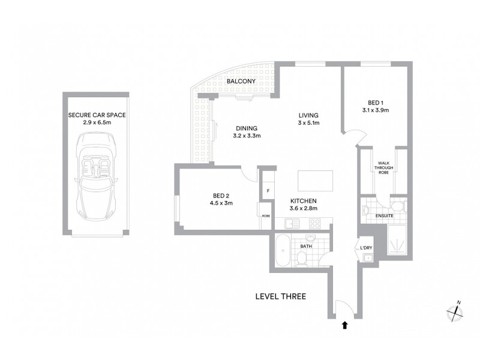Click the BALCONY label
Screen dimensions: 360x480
tap(242, 82)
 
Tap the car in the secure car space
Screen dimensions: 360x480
tap(97, 178)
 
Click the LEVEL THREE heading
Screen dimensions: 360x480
tap(281, 296)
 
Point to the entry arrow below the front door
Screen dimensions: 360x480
tap(344, 326)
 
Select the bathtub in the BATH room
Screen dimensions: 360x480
tap(282, 251)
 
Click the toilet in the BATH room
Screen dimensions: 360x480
tap(304, 257)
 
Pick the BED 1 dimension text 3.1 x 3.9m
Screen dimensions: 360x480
tap(376, 110)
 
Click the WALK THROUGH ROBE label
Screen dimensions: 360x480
tap(384, 167)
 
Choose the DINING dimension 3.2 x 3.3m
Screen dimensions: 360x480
tap(247, 136)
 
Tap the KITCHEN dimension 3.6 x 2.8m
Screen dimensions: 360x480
tap(303, 209)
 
